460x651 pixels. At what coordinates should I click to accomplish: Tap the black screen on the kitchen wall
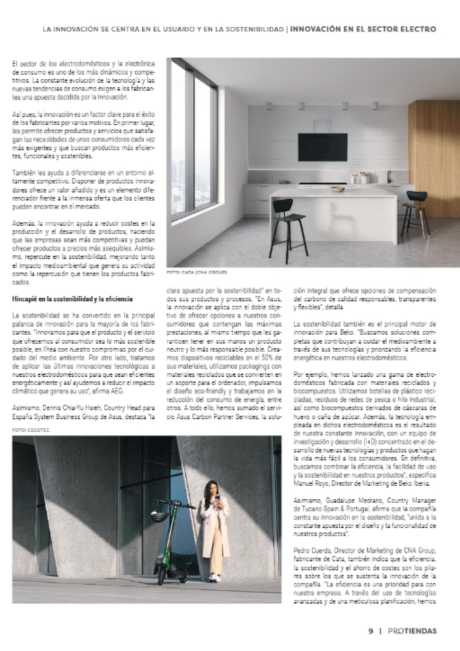click(322, 147)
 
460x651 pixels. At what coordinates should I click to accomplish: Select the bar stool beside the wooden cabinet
click(416, 212)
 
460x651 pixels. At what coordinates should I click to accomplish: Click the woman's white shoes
click(215, 577)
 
